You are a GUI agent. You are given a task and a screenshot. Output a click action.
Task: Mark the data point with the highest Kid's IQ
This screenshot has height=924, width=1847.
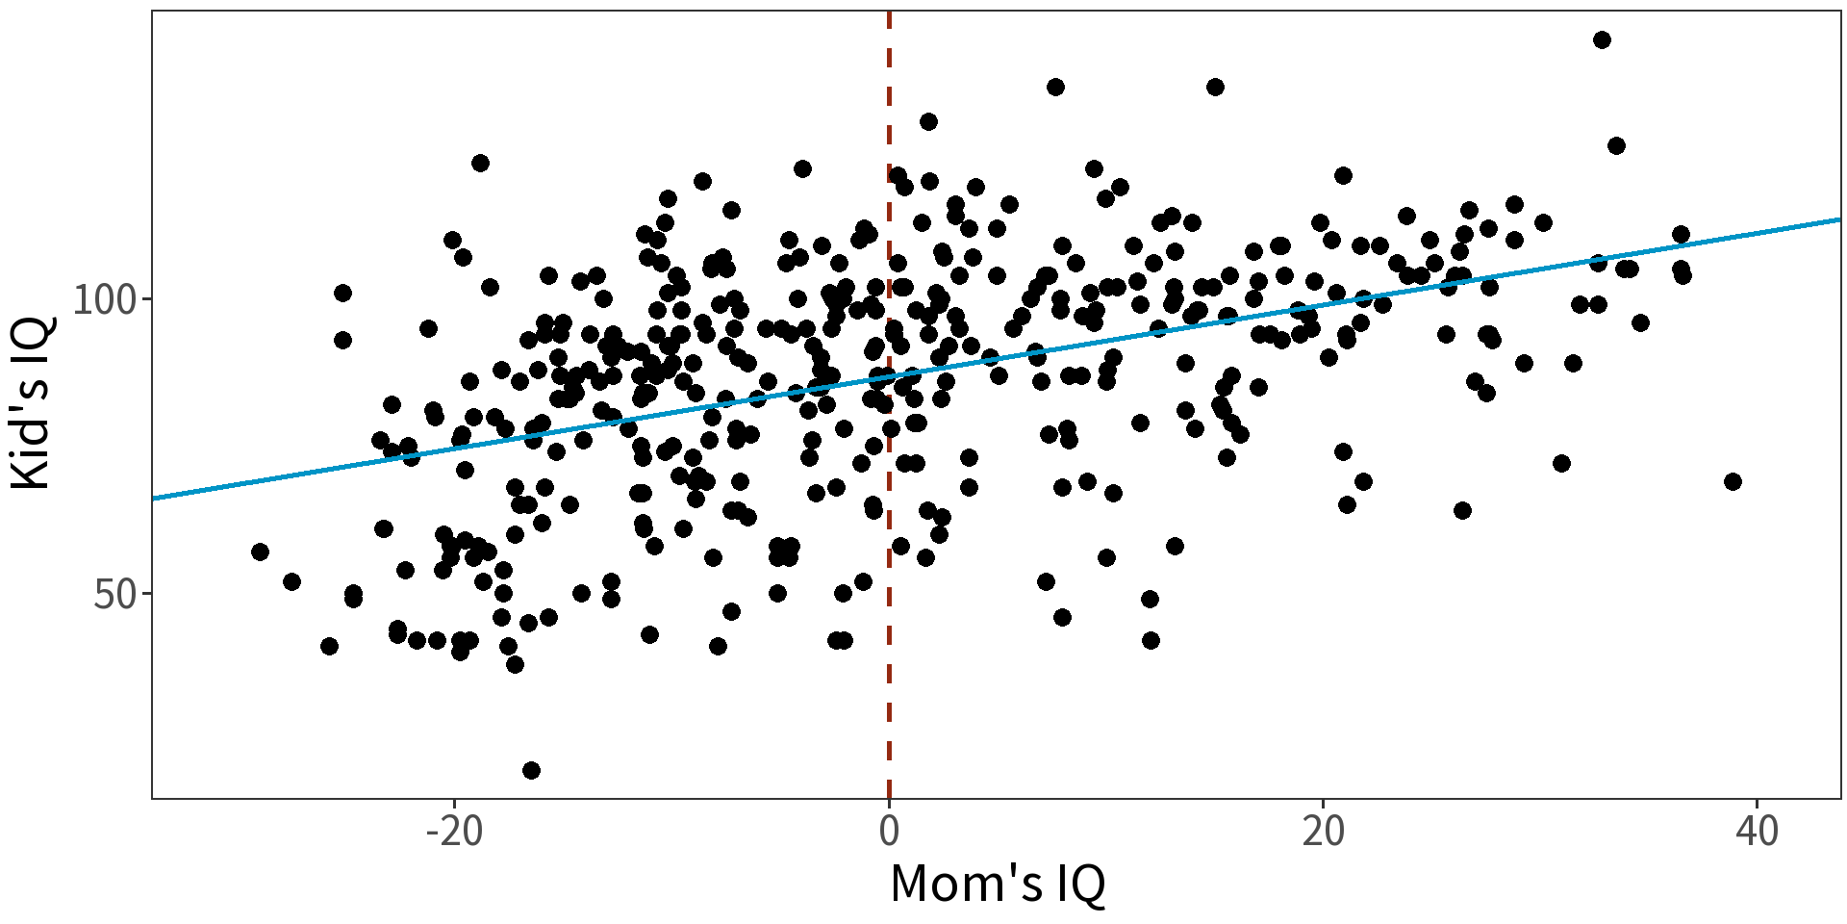pyautogui.click(x=1602, y=39)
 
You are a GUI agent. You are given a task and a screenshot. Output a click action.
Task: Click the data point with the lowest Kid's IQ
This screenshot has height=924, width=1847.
pyautogui.click(x=531, y=770)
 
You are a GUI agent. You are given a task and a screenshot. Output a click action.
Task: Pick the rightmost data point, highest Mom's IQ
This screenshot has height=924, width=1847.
pyautogui.click(x=1733, y=481)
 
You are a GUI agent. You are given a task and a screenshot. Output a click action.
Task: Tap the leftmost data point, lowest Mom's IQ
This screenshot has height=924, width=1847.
pyautogui.click(x=260, y=552)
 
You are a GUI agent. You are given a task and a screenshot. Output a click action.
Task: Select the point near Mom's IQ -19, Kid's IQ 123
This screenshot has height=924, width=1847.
pyautogui.click(x=480, y=163)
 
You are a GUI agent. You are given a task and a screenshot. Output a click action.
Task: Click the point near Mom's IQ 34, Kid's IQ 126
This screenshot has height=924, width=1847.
pyautogui.click(x=1616, y=145)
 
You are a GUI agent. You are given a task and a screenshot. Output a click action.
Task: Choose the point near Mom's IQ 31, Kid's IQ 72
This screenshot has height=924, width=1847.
pyautogui.click(x=1561, y=463)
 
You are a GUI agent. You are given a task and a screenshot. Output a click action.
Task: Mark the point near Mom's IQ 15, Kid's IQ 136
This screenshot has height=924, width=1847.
pyautogui.click(x=1215, y=87)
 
